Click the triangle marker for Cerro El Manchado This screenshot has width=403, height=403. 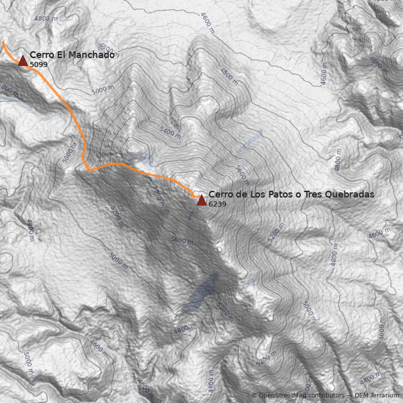(23, 61)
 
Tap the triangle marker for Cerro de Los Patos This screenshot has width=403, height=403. (201, 200)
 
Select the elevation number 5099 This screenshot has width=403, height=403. (39, 64)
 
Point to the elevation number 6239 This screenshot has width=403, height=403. (217, 204)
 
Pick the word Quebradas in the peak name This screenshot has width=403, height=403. (350, 194)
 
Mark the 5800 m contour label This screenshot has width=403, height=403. (158, 196)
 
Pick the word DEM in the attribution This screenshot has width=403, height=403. (362, 395)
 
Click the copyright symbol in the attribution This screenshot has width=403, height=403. (254, 395)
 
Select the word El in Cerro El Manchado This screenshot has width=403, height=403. (58, 55)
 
